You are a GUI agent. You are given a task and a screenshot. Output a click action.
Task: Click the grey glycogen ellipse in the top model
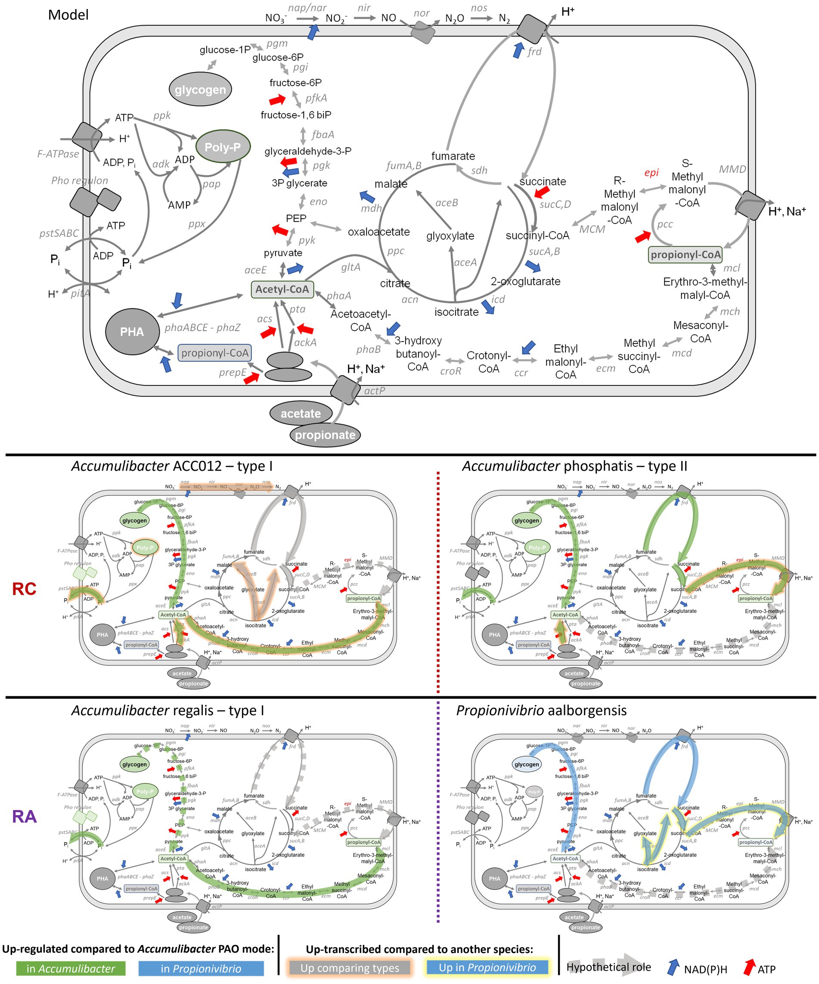200,90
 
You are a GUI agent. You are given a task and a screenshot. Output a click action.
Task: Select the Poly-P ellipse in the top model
223,147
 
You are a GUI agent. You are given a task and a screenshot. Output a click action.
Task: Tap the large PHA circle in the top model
132,332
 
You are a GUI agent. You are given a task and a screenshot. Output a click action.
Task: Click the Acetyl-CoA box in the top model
282,289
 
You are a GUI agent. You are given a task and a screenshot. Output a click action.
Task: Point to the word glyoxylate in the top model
450,236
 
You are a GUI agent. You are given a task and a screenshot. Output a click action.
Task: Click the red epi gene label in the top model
651,172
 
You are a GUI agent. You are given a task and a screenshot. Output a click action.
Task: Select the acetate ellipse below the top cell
301,413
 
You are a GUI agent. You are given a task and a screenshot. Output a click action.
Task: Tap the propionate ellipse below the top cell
325,435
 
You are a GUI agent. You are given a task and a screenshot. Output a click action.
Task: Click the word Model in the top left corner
68,15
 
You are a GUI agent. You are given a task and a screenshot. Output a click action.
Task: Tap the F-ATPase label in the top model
58,154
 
